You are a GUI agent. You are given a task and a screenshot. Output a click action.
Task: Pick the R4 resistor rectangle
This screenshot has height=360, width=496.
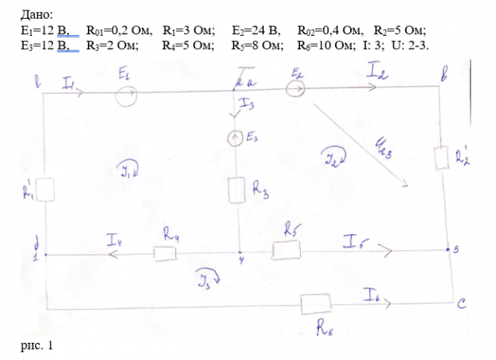pyautogui.click(x=165, y=254)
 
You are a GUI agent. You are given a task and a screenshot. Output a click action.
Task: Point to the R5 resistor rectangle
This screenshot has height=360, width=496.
pyautogui.click(x=284, y=250)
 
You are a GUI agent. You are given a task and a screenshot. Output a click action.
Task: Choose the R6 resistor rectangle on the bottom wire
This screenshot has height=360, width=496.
pyautogui.click(x=316, y=303)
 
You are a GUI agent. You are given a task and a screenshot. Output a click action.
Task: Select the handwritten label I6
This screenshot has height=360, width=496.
pyautogui.click(x=373, y=294)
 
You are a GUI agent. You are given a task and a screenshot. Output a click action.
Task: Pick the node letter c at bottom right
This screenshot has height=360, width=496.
pyautogui.click(x=462, y=303)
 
